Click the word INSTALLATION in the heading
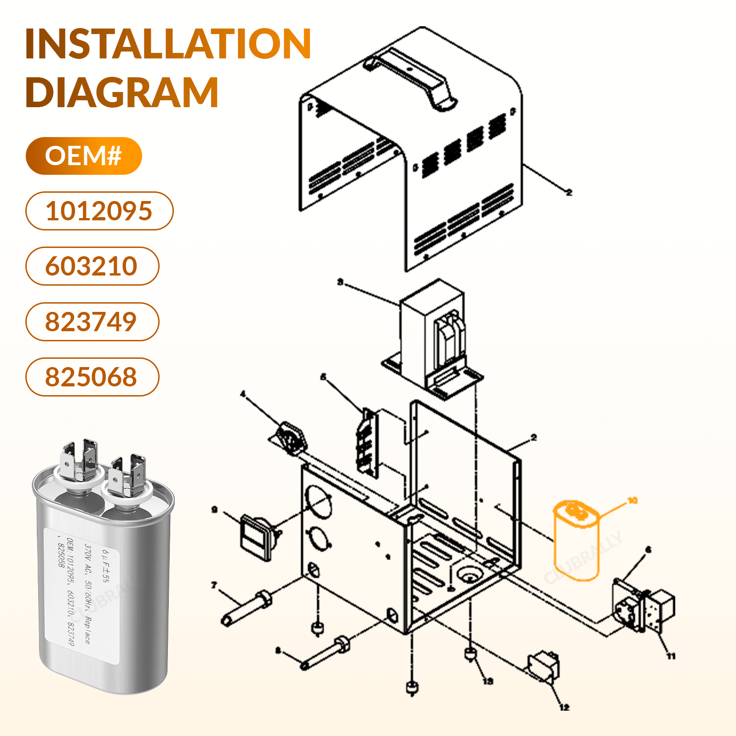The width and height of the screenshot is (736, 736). [168, 44]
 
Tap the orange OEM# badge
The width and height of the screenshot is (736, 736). [84, 156]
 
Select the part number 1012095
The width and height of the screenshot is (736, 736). [99, 211]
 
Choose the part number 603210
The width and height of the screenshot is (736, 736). [92, 266]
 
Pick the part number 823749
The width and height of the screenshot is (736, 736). [92, 322]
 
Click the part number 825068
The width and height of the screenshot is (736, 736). [92, 377]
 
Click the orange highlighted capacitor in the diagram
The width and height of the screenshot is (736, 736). [576, 540]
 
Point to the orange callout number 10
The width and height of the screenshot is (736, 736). [632, 500]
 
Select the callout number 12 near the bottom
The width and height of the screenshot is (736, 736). [564, 707]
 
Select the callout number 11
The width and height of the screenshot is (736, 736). [671, 656]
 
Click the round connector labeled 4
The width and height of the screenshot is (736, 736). [291, 438]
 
